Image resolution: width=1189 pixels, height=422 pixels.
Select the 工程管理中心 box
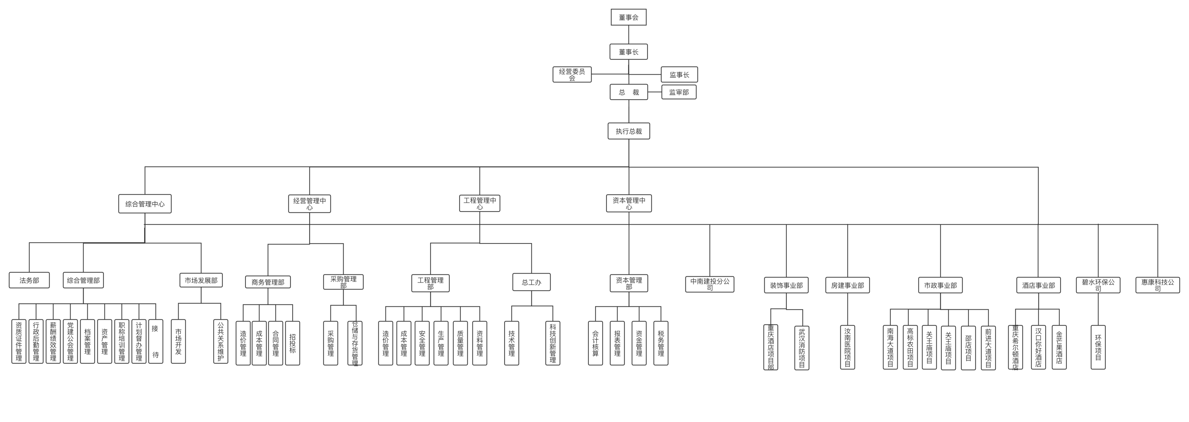(480, 203)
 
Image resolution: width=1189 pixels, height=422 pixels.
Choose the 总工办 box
(531, 282)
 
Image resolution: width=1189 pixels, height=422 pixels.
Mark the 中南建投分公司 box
(709, 284)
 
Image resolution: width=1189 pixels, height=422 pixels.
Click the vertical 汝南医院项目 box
(847, 347)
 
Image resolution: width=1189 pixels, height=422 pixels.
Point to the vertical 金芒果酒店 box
(1059, 347)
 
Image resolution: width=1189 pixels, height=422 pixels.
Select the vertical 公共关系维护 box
(221, 342)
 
